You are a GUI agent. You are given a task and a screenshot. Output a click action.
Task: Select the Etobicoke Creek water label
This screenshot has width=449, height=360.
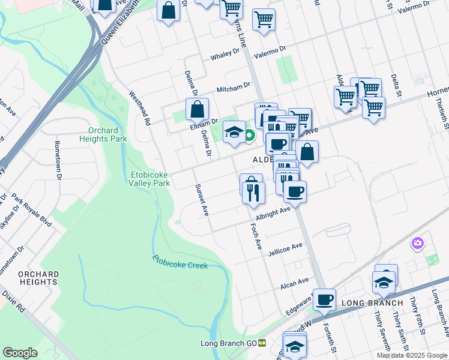coord(179,262)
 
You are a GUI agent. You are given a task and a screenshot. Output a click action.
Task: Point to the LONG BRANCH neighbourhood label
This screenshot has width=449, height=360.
coord(372,303)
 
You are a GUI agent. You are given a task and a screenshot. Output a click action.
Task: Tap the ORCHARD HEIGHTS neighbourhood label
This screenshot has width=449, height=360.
coord(38,278)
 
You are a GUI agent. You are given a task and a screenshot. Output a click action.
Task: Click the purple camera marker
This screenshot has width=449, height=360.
coord(417,244)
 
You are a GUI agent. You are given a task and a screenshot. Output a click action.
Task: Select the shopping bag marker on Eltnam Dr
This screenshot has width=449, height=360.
coord(197,110)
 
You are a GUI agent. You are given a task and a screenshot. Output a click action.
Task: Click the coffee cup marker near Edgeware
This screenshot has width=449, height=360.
coord(325,299)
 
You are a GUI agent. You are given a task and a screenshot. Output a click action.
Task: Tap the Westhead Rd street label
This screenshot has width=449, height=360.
coord(139,107)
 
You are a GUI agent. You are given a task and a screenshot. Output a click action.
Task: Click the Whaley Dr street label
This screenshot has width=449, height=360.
coord(225,57)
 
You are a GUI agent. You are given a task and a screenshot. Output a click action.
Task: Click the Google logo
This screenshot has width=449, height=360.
coord(20,353)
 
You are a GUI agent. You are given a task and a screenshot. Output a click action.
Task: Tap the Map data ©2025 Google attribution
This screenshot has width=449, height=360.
coord(411,355)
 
